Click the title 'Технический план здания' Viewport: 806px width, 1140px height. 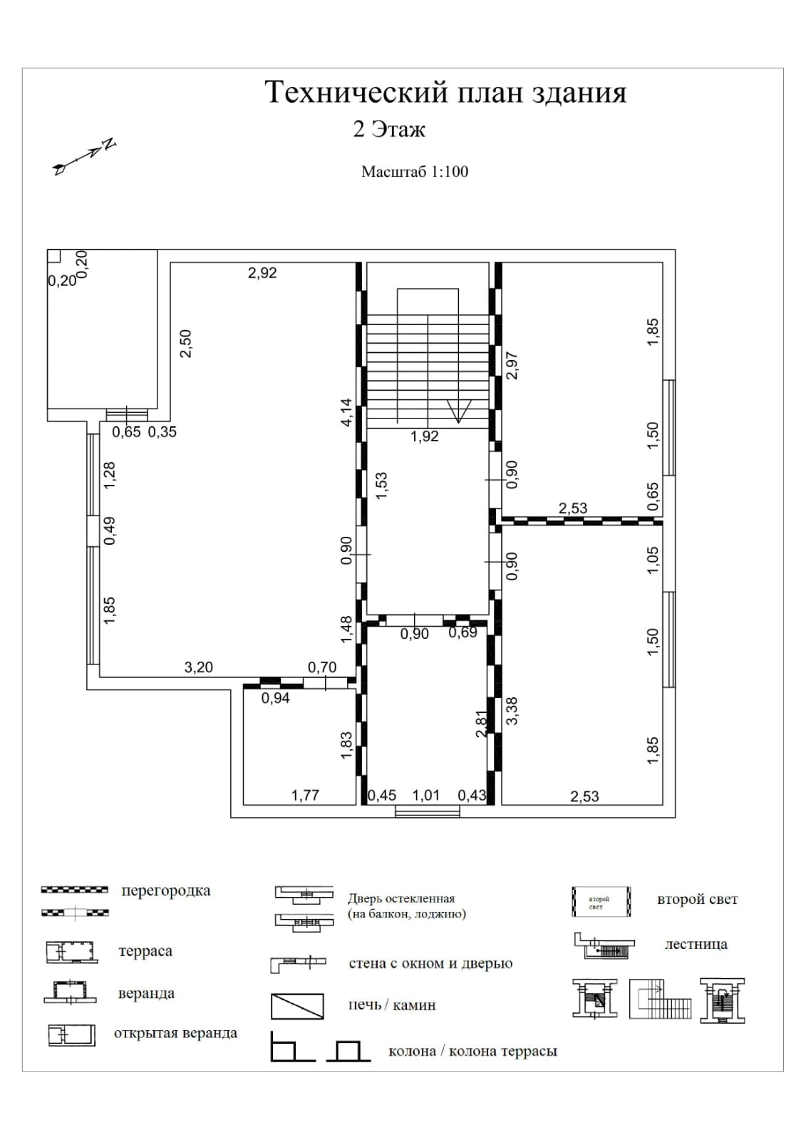pos(445,93)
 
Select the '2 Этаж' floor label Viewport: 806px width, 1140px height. pos(389,130)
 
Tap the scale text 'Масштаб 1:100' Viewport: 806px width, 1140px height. pos(415,172)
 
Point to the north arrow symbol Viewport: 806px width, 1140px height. pos(85,156)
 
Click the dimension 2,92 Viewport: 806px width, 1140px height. pos(262,272)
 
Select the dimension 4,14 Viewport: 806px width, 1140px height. pos(346,413)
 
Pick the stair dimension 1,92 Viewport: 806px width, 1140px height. pos(425,436)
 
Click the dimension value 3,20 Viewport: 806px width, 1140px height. pos(199,668)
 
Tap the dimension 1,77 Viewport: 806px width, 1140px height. pos(305,795)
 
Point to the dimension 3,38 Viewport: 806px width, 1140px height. pos(512,711)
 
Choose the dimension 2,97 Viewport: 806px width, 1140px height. pos(511,366)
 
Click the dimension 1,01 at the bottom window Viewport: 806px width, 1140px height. pos(426,795)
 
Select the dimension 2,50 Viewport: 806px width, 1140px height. pos(186,344)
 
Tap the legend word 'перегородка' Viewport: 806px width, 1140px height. pos(166,890)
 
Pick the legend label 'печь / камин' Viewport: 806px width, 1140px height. pos(392,1005)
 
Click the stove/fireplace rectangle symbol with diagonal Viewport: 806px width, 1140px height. pos(297,1006)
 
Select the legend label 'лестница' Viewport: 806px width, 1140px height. pos(696,944)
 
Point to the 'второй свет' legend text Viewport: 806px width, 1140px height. pos(697,899)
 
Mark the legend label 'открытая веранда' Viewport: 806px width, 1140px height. pos(175,1033)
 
